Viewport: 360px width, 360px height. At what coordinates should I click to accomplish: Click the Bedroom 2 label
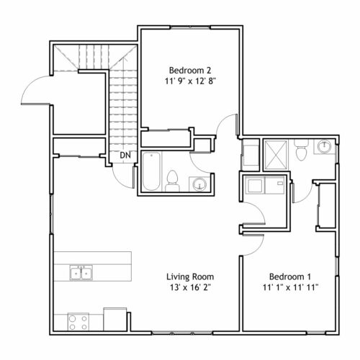coord(190,71)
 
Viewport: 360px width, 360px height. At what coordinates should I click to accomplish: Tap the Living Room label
coord(190,276)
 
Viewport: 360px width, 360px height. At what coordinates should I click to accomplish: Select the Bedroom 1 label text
coord(290,276)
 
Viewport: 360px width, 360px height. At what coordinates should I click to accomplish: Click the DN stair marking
coord(125,156)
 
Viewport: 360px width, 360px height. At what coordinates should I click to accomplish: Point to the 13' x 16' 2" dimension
coord(190,287)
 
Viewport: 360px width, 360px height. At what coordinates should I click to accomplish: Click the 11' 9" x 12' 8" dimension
coord(190,81)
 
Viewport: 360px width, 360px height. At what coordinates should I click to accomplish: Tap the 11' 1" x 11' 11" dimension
coord(290,287)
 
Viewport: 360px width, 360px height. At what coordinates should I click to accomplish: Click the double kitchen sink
coord(81,273)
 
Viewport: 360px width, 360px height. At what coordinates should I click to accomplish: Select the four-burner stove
coord(78,322)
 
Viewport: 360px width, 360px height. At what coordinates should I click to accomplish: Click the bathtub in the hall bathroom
coord(151,171)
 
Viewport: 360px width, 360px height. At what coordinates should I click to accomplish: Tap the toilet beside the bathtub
coord(172,181)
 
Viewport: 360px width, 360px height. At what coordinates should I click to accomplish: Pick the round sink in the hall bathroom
coord(199,184)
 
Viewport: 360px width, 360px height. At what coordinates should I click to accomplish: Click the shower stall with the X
coord(276,156)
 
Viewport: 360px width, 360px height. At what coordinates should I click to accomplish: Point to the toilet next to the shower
coord(301,150)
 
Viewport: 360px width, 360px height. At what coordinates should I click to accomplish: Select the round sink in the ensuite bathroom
coord(324,146)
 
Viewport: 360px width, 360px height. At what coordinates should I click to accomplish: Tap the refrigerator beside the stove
coord(115,320)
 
